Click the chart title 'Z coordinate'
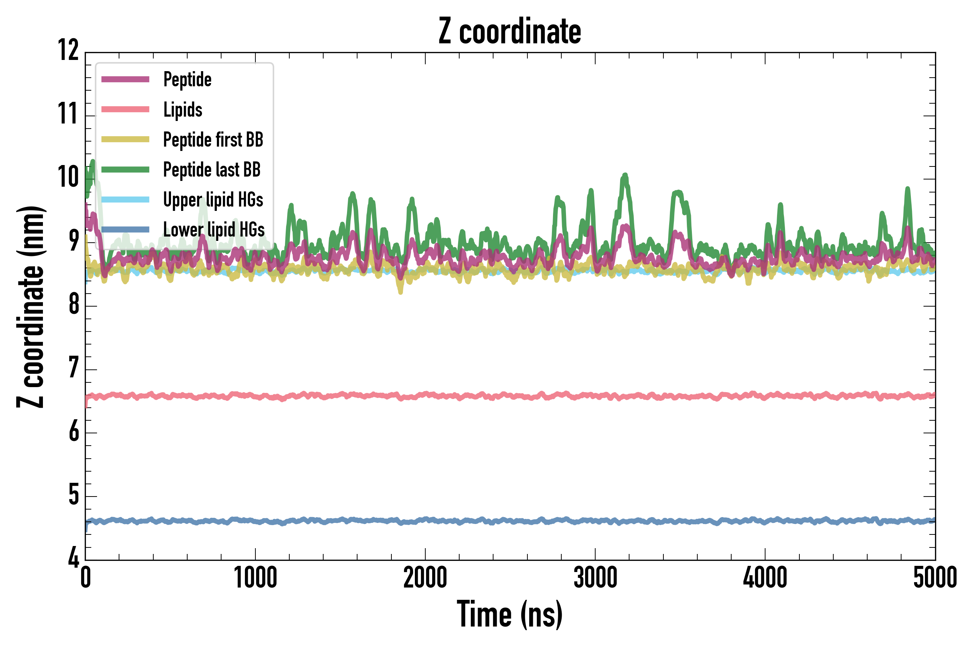[x=510, y=31]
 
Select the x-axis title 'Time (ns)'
[x=510, y=614]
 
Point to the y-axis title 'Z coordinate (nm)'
[x=30, y=307]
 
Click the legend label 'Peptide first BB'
[x=213, y=140]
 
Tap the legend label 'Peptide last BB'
[x=212, y=170]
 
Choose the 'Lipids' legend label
[x=183, y=110]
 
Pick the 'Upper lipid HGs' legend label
[x=213, y=200]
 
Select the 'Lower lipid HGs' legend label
[x=214, y=230]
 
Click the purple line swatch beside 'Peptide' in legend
[x=125, y=79]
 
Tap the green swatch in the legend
[x=125, y=170]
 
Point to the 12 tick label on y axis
[x=68, y=50]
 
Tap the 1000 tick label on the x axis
[x=255, y=577]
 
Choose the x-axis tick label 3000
[x=595, y=577]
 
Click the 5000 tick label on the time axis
[x=935, y=577]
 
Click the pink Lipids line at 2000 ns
[x=425, y=394]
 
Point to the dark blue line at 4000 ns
[x=765, y=521]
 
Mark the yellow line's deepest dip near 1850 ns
[x=400, y=291]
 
